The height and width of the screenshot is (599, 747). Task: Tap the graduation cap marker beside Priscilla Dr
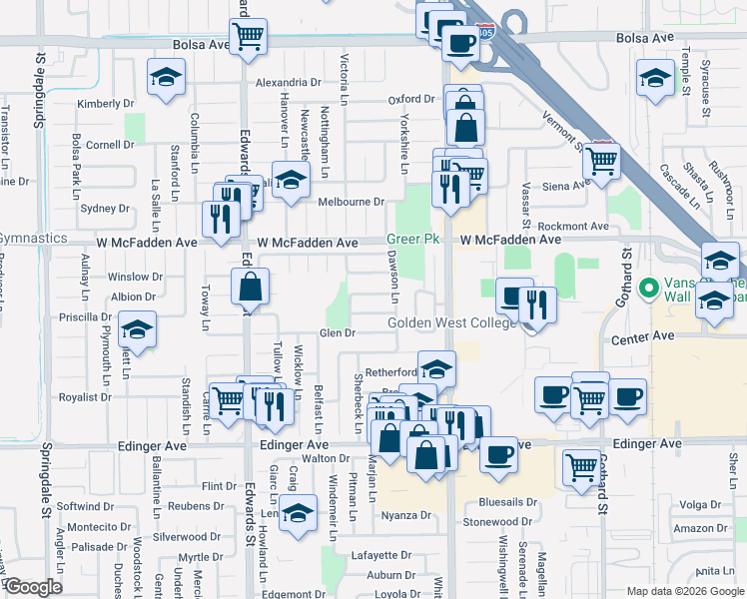click(x=136, y=329)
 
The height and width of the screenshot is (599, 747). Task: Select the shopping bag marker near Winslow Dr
click(x=250, y=288)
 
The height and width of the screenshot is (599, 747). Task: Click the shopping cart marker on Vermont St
click(x=601, y=160)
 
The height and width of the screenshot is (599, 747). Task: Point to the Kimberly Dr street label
click(x=105, y=104)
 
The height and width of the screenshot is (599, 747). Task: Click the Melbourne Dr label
click(x=351, y=202)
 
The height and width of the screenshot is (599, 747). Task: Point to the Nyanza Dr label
click(x=405, y=516)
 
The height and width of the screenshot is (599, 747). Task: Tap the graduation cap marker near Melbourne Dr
click(x=292, y=181)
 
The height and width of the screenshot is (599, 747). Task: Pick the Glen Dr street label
click(x=337, y=333)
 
